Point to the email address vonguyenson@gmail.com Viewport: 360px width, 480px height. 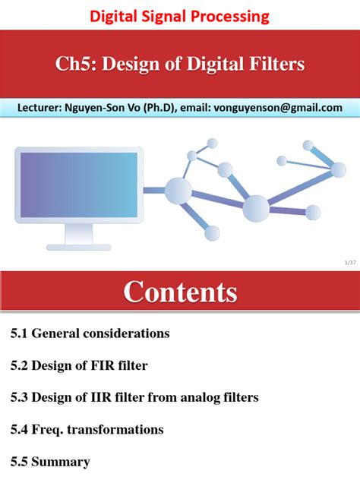pos(279,108)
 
